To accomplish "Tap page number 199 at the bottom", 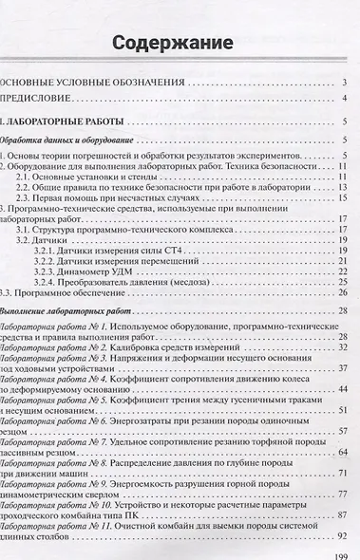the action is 344,552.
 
